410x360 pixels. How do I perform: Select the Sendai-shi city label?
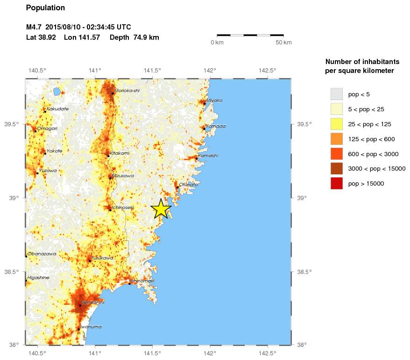click(x=93, y=302)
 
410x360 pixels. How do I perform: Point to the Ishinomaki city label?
click(x=142, y=281)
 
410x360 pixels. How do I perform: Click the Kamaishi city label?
click(x=208, y=156)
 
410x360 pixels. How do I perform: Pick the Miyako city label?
click(x=215, y=100)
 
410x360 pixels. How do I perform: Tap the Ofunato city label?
click(x=189, y=185)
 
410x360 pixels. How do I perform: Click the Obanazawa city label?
click(x=42, y=254)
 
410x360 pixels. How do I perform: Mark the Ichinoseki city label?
click(x=122, y=207)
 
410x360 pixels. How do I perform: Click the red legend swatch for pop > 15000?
click(x=336, y=184)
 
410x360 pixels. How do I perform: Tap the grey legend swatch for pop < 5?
click(x=336, y=94)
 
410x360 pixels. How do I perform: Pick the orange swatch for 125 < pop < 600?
click(x=336, y=139)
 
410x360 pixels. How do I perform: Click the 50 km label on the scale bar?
click(x=283, y=43)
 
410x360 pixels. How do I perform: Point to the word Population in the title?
click(x=45, y=8)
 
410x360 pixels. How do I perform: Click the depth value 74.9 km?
click(x=147, y=37)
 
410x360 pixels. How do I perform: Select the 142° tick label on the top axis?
click(x=209, y=71)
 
